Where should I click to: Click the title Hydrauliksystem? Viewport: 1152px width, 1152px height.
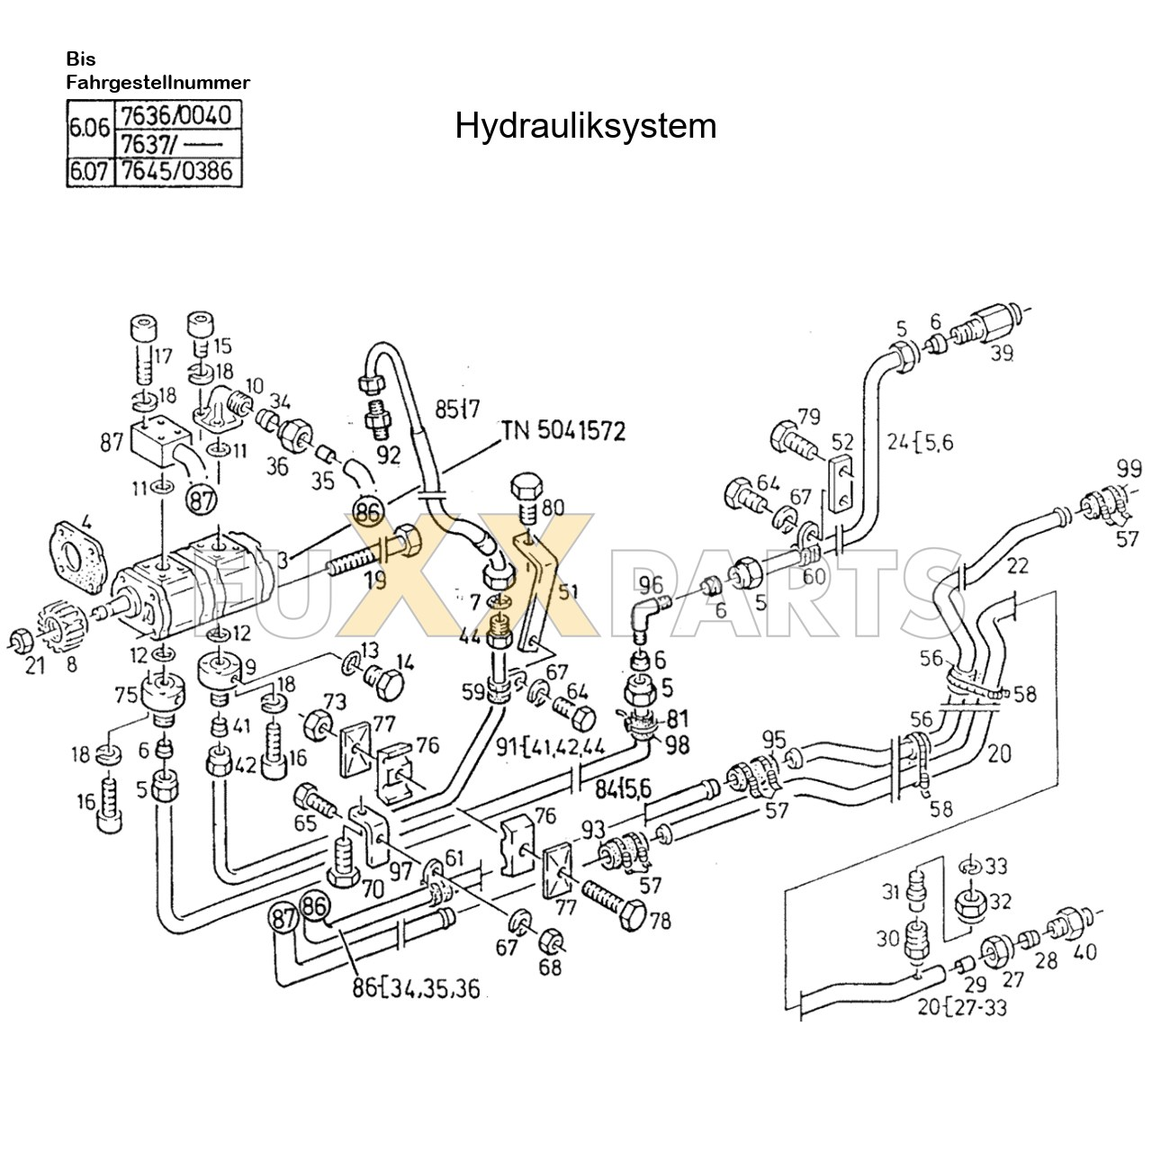[585, 126]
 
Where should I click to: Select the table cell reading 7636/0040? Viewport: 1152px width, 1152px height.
[176, 116]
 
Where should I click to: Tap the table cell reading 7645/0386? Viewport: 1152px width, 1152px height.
[176, 171]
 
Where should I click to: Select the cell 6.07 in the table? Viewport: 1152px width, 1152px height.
[90, 171]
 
